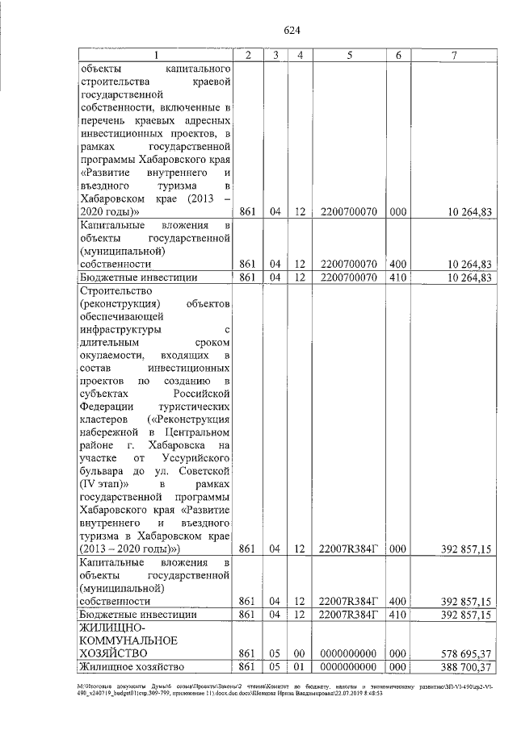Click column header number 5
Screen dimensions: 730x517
(x=350, y=55)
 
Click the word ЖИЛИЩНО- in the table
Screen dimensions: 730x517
(x=111, y=627)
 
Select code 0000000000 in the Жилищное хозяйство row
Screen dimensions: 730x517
(x=350, y=667)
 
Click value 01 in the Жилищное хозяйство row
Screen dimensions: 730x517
(x=300, y=667)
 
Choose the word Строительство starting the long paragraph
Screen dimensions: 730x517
(x=117, y=291)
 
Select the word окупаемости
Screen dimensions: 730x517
(x=112, y=355)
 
